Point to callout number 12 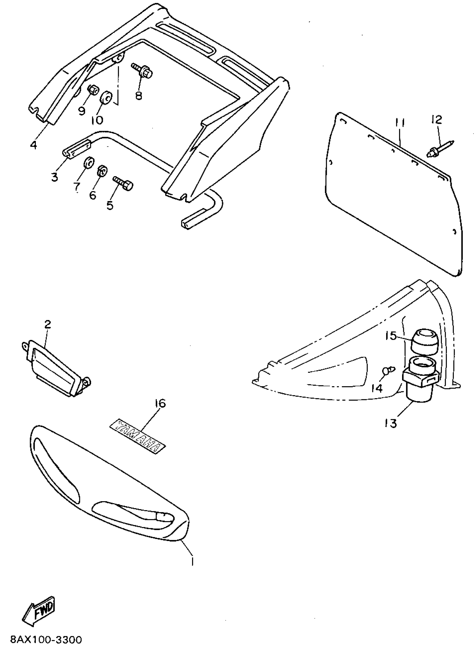(437, 120)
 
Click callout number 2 (48, 325)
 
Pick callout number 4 (34, 144)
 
